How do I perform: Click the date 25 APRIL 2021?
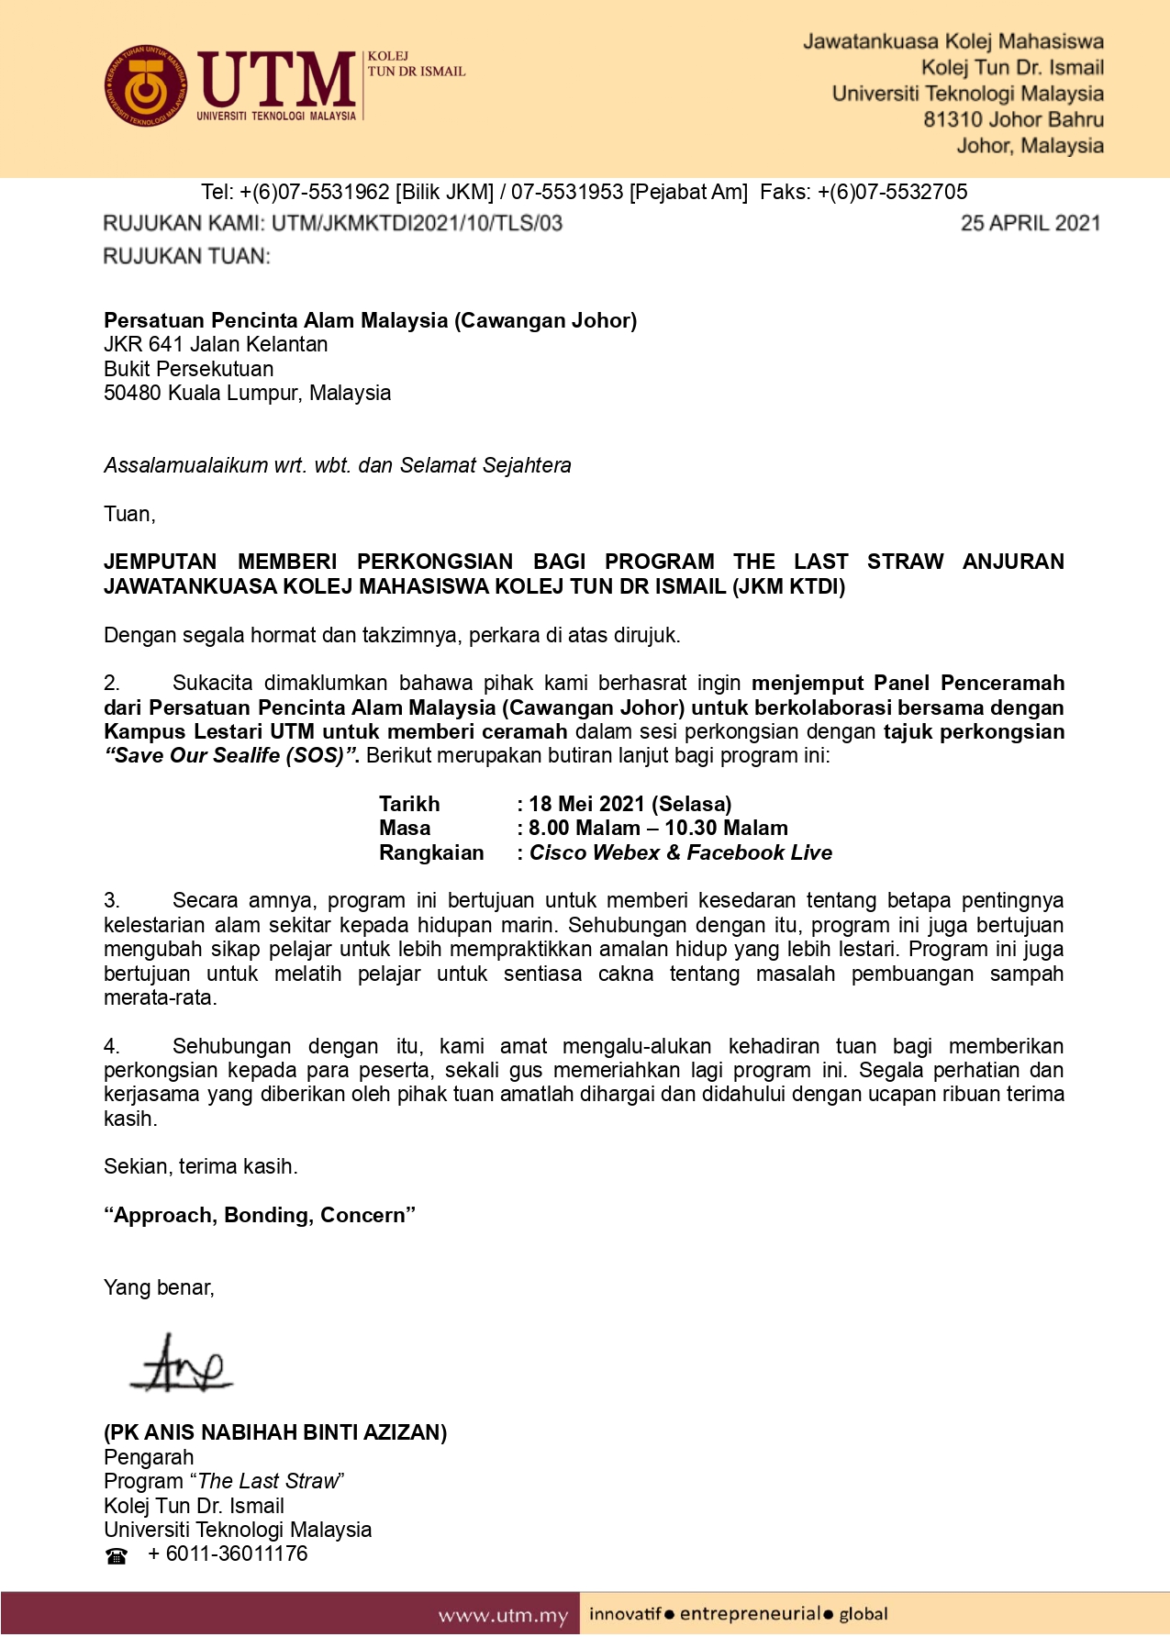pyautogui.click(x=1030, y=223)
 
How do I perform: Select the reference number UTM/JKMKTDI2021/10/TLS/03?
pyautogui.click(x=417, y=223)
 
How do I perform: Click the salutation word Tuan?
pyautogui.click(x=128, y=514)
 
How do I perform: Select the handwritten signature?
pyautogui.click(x=182, y=1363)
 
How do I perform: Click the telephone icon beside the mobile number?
pyautogui.click(x=117, y=1555)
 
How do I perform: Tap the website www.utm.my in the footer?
pyautogui.click(x=503, y=1615)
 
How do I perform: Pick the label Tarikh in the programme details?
pyautogui.click(x=409, y=804)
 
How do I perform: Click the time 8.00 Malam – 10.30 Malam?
pyautogui.click(x=658, y=828)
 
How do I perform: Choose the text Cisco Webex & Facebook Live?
pyautogui.click(x=681, y=852)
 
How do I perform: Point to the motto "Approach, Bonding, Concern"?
pyautogui.click(x=260, y=1215)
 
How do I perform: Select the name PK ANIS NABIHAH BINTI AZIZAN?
pyautogui.click(x=275, y=1432)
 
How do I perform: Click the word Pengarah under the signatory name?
pyautogui.click(x=149, y=1457)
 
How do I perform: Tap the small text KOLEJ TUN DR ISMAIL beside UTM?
pyautogui.click(x=416, y=64)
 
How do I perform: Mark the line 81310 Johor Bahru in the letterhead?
pyautogui.click(x=1013, y=119)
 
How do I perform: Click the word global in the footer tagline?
pyautogui.click(x=864, y=1614)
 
